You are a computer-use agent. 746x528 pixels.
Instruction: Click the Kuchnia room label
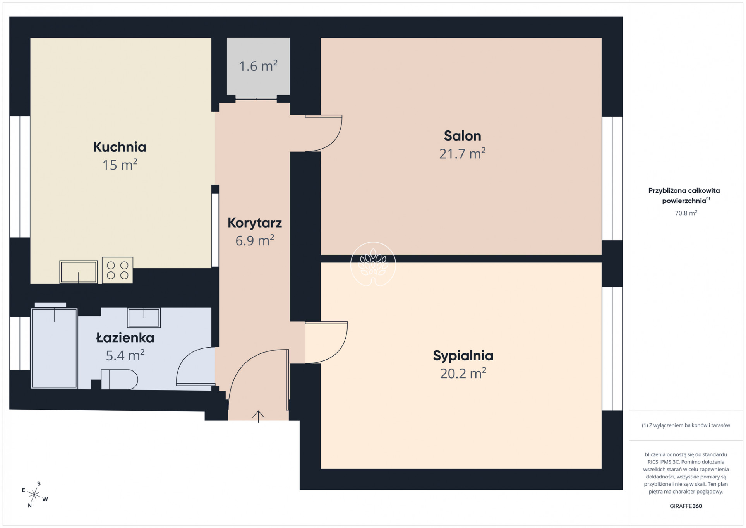tap(120, 147)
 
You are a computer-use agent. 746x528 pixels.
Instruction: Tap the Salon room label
tap(462, 136)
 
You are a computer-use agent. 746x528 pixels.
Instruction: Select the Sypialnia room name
tap(463, 356)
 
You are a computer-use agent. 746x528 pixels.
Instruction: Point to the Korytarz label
tap(255, 223)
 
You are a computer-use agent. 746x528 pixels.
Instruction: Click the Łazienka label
tap(125, 338)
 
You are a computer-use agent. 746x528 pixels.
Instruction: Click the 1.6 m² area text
tap(258, 66)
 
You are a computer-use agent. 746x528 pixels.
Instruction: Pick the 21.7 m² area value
tap(462, 154)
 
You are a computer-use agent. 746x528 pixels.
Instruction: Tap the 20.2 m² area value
tap(463, 373)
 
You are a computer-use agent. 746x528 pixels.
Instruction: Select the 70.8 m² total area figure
tap(686, 213)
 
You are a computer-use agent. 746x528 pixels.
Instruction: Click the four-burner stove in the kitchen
tap(117, 270)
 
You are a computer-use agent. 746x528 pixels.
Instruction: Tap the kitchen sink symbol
tap(79, 272)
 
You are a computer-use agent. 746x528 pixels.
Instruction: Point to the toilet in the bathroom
tap(119, 379)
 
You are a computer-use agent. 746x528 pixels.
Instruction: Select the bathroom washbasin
tap(144, 317)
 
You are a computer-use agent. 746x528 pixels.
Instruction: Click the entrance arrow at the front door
tap(258, 417)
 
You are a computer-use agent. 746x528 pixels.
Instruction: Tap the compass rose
tap(34, 495)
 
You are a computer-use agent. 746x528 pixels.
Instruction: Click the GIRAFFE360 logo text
tap(686, 506)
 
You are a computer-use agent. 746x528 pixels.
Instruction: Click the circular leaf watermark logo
tap(373, 264)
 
